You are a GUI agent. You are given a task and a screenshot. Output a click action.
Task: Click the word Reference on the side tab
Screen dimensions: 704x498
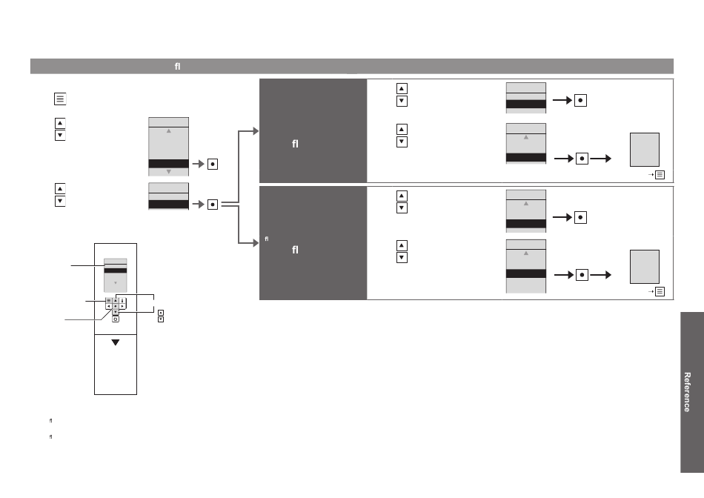click(686, 392)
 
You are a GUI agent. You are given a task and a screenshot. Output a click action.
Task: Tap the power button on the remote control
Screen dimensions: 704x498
click(116, 319)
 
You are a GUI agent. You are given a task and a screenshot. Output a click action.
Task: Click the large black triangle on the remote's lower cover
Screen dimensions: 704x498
click(116, 342)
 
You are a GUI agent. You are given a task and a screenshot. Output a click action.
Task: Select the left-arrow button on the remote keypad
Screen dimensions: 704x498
click(109, 306)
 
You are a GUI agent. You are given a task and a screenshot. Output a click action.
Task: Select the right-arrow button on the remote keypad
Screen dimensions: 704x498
click(122, 306)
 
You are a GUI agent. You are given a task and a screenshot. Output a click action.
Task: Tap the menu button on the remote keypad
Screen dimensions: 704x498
click(109, 300)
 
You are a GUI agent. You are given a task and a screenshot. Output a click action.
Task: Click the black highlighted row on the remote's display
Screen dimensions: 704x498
click(116, 270)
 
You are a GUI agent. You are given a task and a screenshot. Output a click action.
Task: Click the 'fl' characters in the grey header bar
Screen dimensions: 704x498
click(177, 67)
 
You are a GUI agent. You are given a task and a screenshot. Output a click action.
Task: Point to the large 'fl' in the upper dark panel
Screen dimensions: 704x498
click(295, 144)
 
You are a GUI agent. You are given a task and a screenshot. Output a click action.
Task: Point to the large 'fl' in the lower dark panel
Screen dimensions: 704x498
click(295, 250)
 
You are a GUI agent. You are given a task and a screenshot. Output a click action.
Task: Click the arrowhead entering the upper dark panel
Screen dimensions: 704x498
click(256, 131)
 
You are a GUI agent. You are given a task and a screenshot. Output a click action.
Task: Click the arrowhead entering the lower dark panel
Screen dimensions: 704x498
click(256, 243)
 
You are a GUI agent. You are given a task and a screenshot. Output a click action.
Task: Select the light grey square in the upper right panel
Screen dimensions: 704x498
click(645, 150)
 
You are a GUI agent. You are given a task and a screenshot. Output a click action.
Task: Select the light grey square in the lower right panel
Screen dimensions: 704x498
click(645, 267)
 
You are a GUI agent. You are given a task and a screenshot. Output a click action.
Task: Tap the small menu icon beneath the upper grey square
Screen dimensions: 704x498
click(660, 175)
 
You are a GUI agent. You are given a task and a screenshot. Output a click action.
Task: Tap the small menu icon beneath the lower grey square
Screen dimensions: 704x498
click(660, 291)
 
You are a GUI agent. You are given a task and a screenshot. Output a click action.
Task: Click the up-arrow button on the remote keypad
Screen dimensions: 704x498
click(116, 300)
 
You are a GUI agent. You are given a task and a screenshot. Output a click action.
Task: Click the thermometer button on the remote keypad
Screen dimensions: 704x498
click(122, 300)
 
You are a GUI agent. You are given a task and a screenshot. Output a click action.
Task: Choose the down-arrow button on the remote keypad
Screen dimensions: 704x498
click(116, 312)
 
